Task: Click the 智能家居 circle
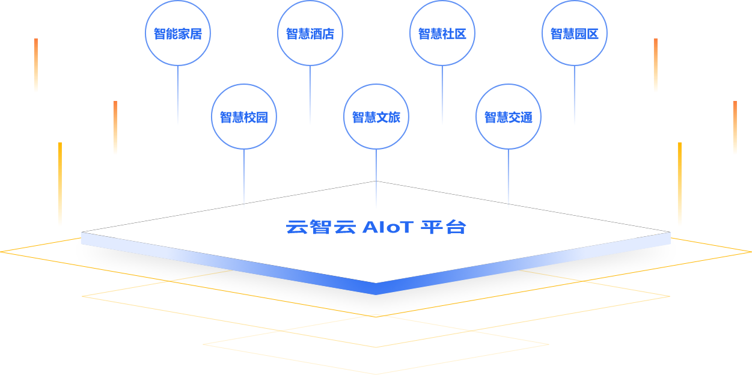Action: coord(177,34)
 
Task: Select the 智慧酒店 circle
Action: coord(310,34)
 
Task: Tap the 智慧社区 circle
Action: coord(442,34)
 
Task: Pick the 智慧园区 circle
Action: coord(575,34)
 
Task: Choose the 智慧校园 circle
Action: coord(243,117)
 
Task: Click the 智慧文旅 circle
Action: coord(376,117)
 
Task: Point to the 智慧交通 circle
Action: coord(509,117)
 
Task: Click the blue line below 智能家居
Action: coord(177,93)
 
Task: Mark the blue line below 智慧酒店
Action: coord(310,93)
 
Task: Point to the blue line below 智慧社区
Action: coord(442,93)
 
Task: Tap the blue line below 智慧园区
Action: coord(575,93)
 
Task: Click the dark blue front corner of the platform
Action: coord(376,289)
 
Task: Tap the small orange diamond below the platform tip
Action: coord(376,316)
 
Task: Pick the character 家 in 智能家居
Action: coord(183,34)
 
